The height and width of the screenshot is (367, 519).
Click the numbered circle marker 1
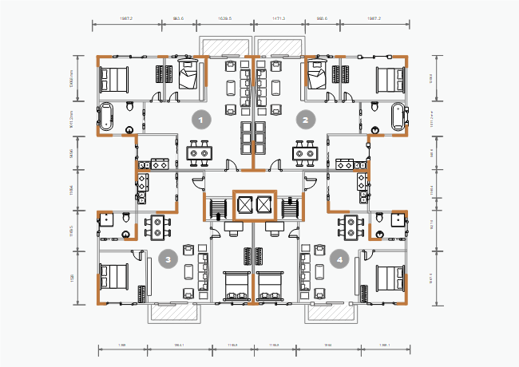pos(202,120)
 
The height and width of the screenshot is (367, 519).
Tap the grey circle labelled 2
pos(304,120)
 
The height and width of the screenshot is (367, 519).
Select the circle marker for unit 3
pos(168,258)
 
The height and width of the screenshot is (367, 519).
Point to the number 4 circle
pos(340,258)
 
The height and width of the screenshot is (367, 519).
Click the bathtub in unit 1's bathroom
pos(106,116)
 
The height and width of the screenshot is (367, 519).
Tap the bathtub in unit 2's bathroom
pos(399,116)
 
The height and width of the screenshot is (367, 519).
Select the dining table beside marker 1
pos(200,151)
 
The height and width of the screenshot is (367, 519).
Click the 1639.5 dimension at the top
pos(225,18)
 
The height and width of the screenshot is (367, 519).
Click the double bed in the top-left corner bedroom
pos(113,80)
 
